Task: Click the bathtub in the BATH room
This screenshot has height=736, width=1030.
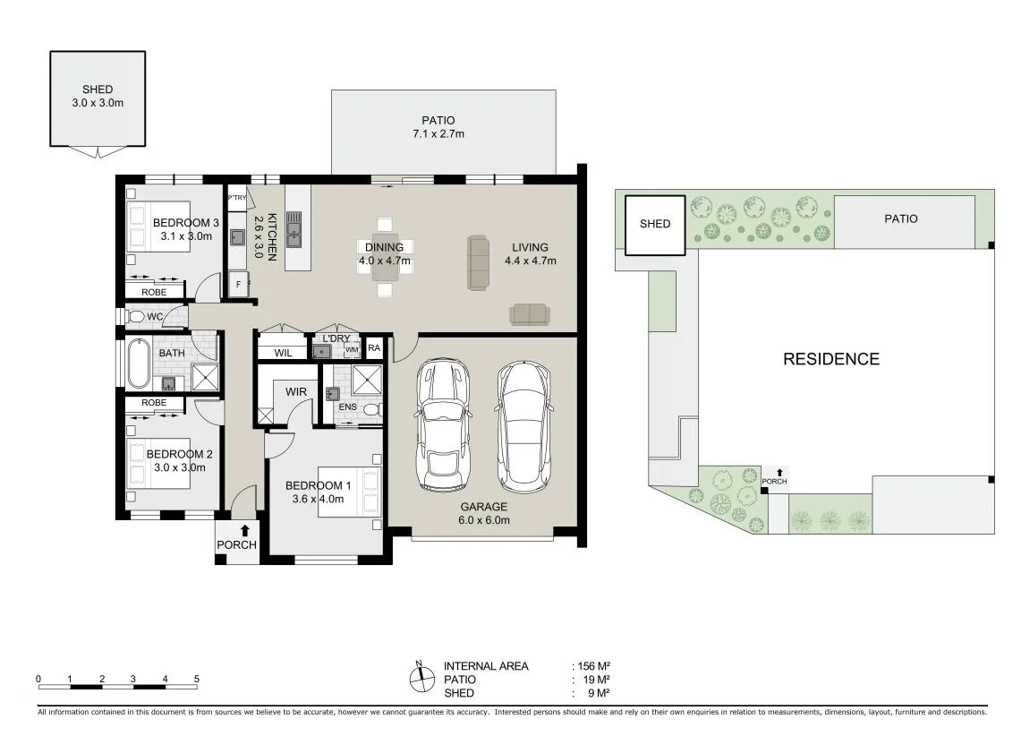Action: (138, 364)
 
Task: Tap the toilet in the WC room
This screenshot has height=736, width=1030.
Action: (137, 317)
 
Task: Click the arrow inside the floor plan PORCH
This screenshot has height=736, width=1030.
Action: (245, 530)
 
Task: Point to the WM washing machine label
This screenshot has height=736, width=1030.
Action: (352, 349)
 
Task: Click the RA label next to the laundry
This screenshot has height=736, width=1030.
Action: (374, 347)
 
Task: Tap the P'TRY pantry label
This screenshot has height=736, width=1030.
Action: (236, 197)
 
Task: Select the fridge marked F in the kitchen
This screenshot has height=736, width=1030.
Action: (238, 285)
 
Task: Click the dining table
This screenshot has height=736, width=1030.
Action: (385, 257)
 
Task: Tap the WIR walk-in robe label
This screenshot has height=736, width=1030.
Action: (295, 391)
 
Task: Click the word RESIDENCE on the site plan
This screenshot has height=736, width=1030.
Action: (831, 359)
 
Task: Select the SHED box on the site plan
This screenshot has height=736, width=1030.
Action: (655, 225)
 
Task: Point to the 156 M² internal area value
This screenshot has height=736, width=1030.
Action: (594, 666)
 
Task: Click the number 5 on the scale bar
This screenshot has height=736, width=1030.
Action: (196, 679)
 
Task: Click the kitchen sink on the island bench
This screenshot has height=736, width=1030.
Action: (294, 228)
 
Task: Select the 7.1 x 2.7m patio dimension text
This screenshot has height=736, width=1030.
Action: (438, 134)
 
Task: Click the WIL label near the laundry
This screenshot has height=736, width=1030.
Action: (283, 353)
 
